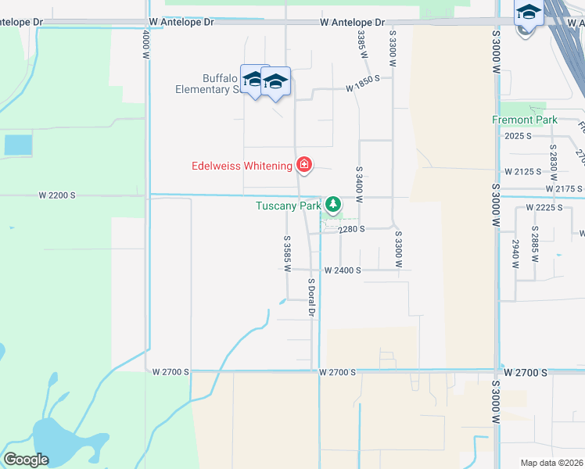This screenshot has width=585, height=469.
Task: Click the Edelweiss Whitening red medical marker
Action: point(303,165)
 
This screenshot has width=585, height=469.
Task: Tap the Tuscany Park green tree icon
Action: point(334,206)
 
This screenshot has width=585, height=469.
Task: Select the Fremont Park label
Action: point(525,120)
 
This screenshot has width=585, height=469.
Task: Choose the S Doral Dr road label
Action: point(310,297)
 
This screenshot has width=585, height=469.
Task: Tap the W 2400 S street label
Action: point(343,270)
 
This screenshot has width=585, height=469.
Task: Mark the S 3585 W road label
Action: point(287,254)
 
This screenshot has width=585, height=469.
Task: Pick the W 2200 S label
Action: point(59,195)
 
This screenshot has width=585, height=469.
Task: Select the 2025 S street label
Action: point(519,136)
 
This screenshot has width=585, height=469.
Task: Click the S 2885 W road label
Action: point(535,243)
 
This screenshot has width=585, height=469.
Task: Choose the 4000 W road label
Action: point(145,45)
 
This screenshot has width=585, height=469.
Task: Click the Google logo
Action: point(26,459)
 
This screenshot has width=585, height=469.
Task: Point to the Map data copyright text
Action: point(551,463)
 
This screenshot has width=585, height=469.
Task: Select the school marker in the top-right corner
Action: point(529,15)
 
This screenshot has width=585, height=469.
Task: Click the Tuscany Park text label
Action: point(289,206)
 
